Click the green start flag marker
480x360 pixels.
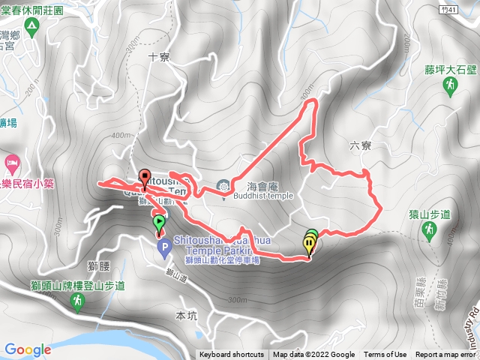coord(159,222)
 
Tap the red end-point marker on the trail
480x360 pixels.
coord(145,177)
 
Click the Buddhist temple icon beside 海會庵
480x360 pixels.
coord(223,185)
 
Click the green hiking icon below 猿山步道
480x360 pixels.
coord(430,232)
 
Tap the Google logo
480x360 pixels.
coord(27,349)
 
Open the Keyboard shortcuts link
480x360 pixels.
coord(231,355)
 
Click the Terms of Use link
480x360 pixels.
coord(385,355)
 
